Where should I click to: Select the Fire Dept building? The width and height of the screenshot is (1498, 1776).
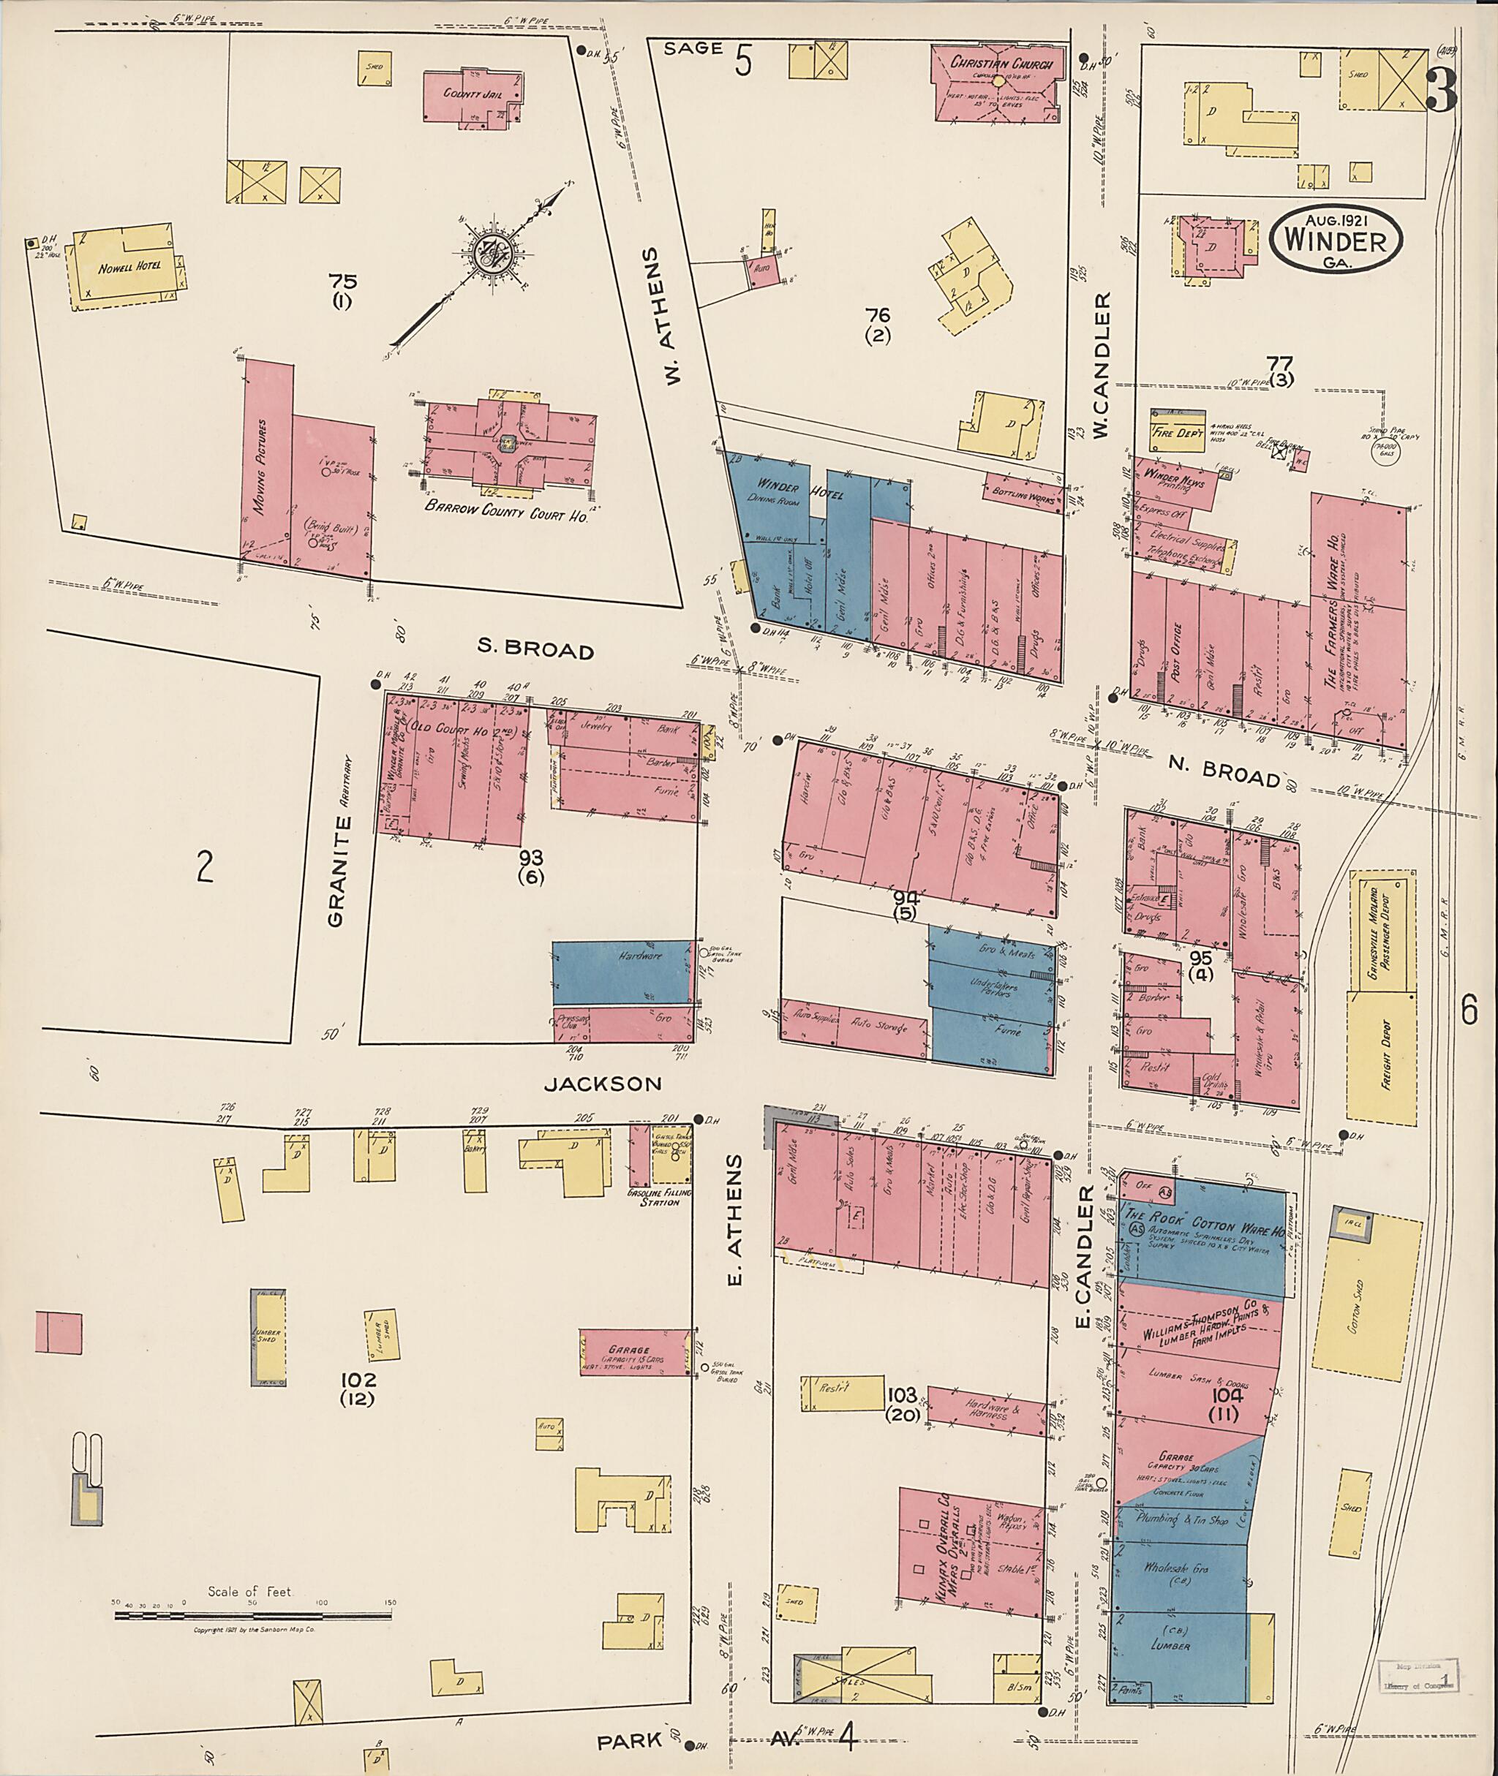(x=1176, y=431)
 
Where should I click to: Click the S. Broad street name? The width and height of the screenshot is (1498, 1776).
(x=535, y=650)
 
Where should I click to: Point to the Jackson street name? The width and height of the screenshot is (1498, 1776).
(x=602, y=1084)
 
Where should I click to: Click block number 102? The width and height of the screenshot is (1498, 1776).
(x=357, y=1380)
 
